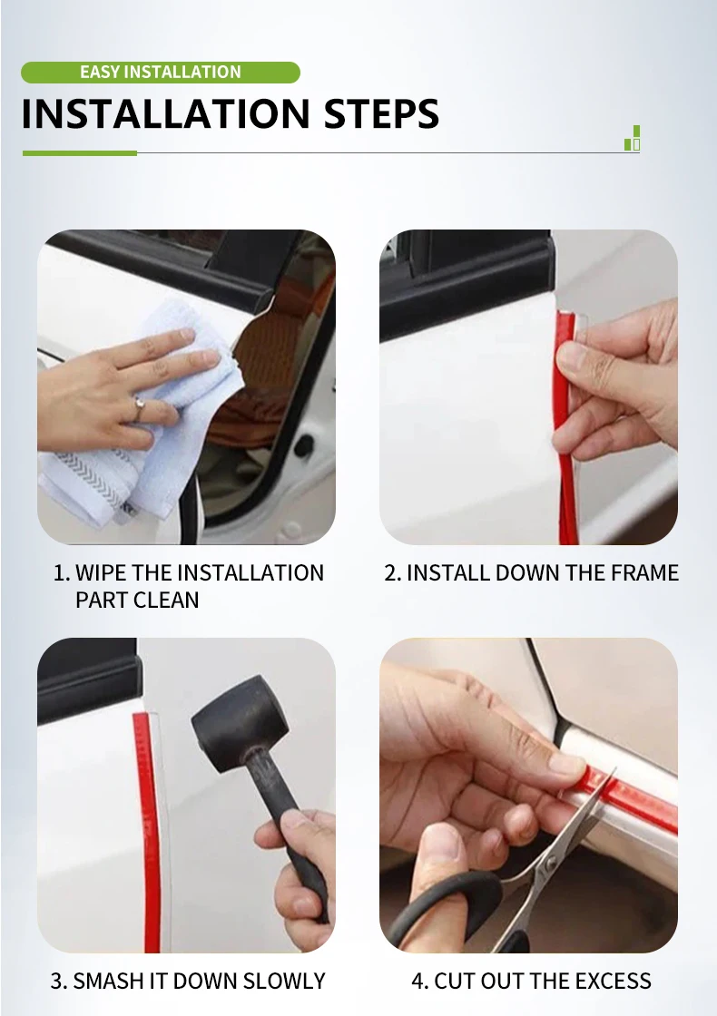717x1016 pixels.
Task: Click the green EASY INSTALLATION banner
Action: (160, 72)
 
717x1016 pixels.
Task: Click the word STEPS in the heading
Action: (381, 114)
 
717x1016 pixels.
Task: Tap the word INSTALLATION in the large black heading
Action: (166, 114)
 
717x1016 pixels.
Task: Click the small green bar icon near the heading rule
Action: (633, 138)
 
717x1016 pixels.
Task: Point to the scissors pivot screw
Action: (550, 863)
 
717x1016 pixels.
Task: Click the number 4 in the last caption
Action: (417, 981)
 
